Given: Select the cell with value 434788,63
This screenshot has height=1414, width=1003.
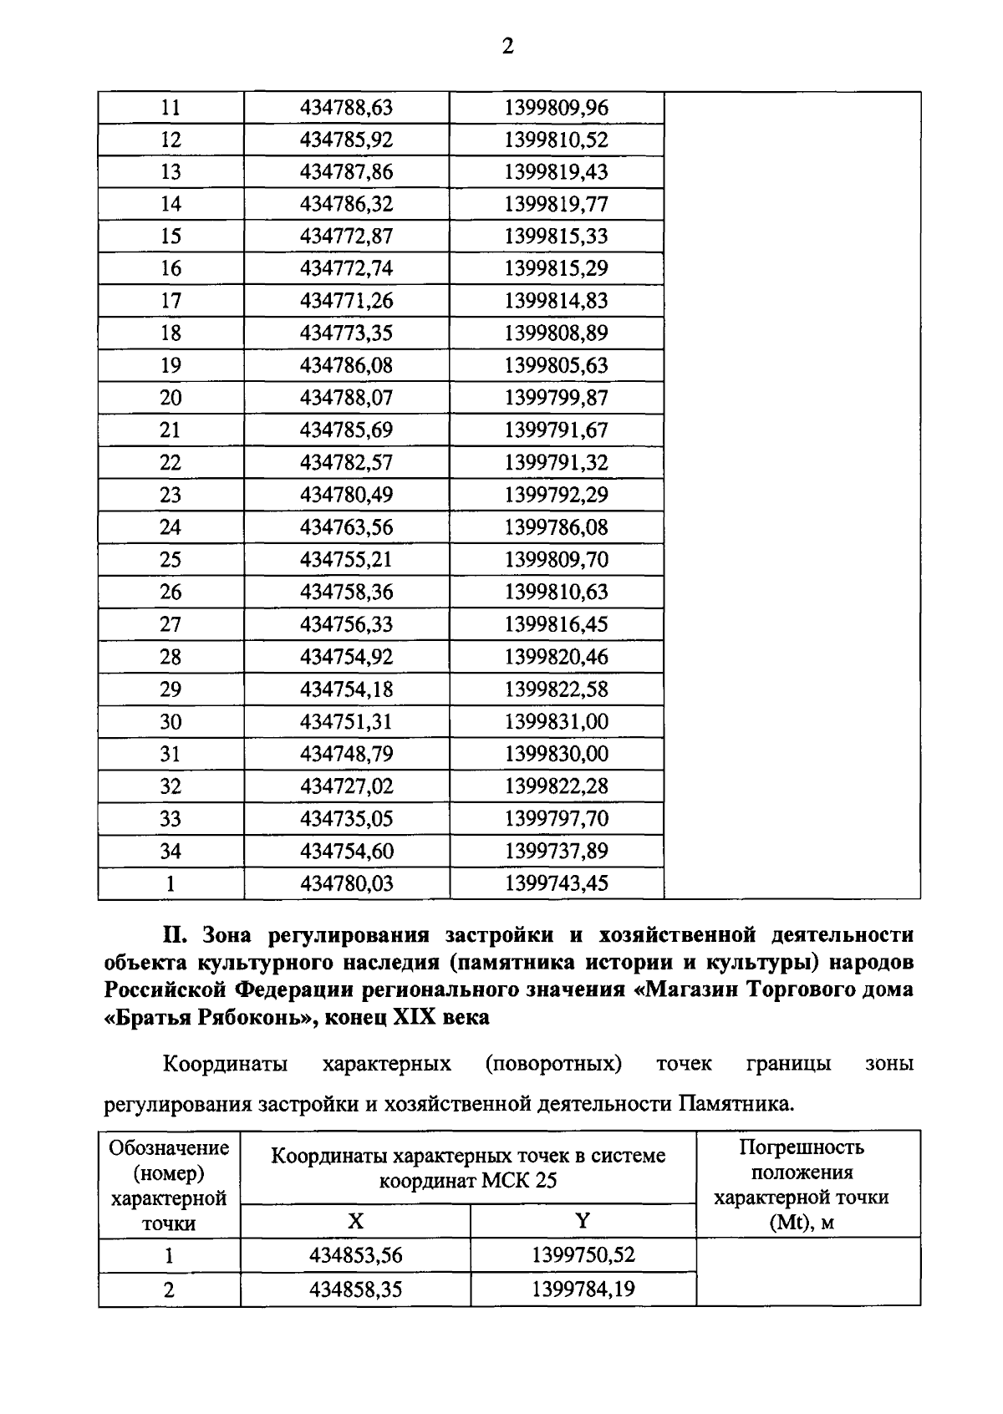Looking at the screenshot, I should coord(346,108).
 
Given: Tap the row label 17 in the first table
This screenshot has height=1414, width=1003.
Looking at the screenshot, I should coord(171,301).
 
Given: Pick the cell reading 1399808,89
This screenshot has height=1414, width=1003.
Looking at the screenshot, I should coord(556,333).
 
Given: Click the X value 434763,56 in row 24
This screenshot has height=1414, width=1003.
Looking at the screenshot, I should coord(346,527).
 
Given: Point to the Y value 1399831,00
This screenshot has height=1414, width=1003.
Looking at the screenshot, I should coord(556,721).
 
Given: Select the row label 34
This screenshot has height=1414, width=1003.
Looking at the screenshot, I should coord(171,851).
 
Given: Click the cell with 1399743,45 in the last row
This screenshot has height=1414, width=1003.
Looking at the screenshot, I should coord(556,883).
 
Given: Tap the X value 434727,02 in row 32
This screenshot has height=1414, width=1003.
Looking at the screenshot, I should coord(346,786).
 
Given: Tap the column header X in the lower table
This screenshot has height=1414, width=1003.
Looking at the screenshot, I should coord(355,1221).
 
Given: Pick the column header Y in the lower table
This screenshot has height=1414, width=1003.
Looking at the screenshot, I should coord(583,1221).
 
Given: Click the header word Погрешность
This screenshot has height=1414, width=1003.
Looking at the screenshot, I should coord(802,1147).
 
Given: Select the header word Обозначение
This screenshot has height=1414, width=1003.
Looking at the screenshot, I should coord(169,1147).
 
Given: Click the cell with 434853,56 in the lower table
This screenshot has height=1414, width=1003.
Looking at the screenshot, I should coord(355,1255).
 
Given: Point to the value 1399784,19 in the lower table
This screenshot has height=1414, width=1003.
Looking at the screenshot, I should coord(583,1289).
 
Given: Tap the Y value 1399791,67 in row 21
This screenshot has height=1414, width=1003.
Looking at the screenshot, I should coord(556,430).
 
